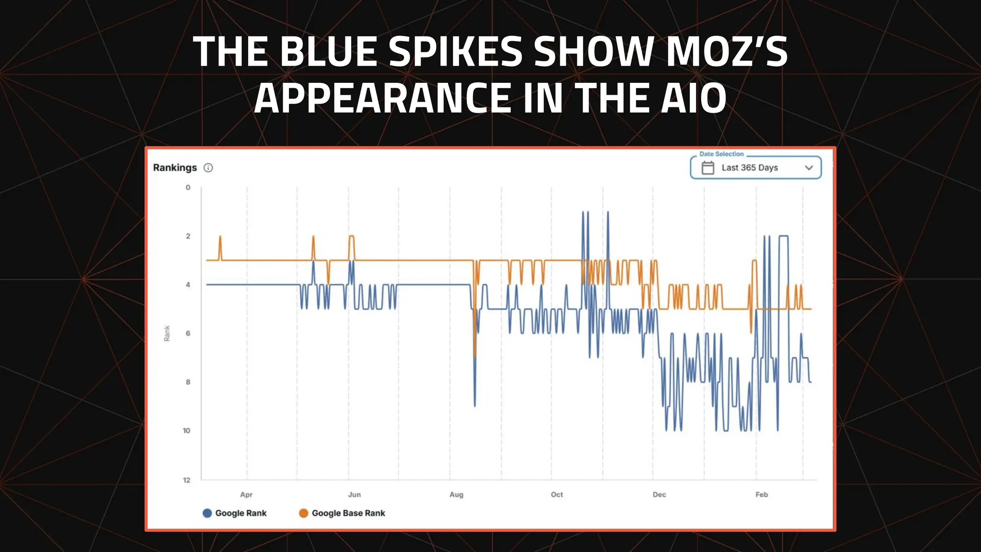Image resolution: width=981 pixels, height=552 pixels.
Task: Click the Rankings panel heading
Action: click(x=175, y=168)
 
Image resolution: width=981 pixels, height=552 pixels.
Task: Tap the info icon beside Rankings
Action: click(x=208, y=168)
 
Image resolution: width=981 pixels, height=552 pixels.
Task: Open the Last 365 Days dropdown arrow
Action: click(x=809, y=168)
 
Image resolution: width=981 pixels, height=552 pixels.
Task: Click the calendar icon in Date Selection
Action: click(x=707, y=168)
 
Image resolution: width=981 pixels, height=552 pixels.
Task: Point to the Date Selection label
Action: click(x=721, y=154)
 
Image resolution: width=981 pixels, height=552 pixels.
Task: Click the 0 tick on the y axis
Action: click(x=188, y=187)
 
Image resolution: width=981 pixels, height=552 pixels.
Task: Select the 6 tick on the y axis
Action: click(x=188, y=333)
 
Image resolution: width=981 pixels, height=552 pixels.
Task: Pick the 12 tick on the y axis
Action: click(x=186, y=480)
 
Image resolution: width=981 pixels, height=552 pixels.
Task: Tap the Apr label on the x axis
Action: click(x=246, y=494)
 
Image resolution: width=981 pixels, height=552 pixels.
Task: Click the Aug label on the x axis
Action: click(x=456, y=494)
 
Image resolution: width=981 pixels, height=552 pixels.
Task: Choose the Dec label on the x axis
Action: click(x=659, y=494)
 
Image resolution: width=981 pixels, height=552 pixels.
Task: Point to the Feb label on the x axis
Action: click(x=762, y=494)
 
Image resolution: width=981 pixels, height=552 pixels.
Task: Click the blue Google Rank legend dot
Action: click(x=207, y=513)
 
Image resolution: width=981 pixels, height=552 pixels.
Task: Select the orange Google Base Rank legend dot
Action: click(x=303, y=513)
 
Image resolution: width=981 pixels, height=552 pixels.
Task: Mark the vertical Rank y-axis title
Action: click(x=167, y=333)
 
